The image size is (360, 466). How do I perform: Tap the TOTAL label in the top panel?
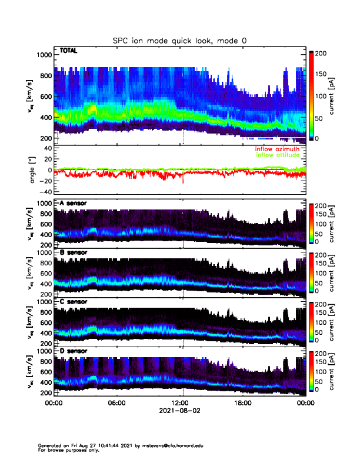pos(69,51)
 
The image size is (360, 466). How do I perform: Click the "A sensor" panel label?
pos(74,204)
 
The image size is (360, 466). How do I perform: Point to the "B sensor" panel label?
pos(74,253)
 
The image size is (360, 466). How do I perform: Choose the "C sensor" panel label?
pos(74,302)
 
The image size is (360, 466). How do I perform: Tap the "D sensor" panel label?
pos(74,351)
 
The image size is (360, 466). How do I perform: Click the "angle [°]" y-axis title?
pos(33,170)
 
